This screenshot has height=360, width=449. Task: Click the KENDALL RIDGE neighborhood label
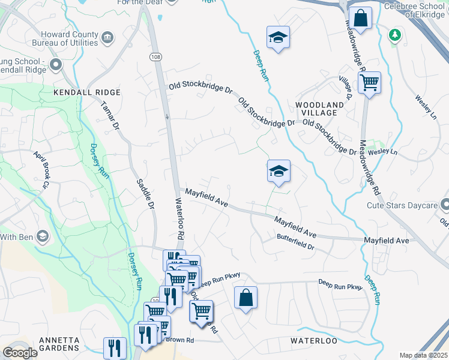pyautogui.click(x=87, y=92)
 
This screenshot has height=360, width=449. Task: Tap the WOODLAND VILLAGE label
pyautogui.click(x=320, y=109)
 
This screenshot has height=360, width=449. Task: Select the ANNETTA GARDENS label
pyautogui.click(x=59, y=344)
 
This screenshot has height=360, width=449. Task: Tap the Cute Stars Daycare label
pyautogui.click(x=402, y=206)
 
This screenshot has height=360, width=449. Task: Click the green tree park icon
pyautogui.click(x=394, y=34)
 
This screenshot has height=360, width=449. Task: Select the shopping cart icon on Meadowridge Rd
pyautogui.click(x=369, y=82)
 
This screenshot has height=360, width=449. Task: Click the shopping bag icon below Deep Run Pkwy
pyautogui.click(x=246, y=298)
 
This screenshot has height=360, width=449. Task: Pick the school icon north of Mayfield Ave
pyautogui.click(x=279, y=172)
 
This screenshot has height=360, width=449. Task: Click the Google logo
pyautogui.click(x=20, y=353)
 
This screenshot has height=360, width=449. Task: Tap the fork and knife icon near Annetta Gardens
pyautogui.click(x=114, y=348)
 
